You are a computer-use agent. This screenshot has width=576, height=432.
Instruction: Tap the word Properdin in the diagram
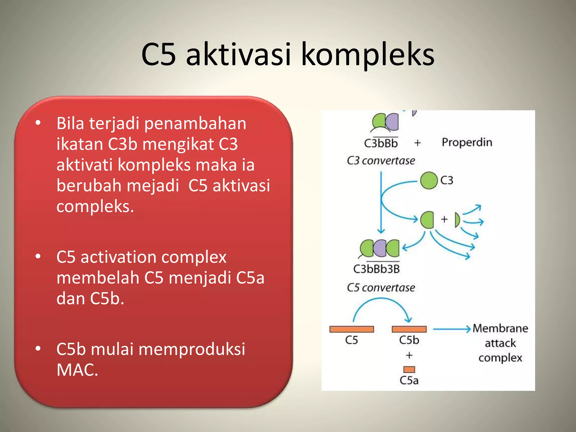[467, 143]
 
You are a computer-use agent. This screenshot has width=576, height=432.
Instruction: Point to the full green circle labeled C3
[429, 181]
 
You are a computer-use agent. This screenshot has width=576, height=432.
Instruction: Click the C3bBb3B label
[376, 269]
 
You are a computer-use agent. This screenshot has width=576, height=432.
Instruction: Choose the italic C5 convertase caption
[381, 288]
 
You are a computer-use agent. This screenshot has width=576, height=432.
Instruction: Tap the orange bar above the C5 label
[352, 329]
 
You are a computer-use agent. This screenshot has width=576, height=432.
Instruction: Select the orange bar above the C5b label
[409, 329]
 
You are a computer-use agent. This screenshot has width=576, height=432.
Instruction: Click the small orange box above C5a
[409, 369]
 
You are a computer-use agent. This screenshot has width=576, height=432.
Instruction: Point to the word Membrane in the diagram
[500, 328]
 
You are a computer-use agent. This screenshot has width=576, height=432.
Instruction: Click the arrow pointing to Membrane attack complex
[451, 329]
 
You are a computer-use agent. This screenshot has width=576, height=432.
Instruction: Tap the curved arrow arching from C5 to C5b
[381, 300]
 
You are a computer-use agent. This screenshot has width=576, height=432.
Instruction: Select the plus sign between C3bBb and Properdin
[417, 143]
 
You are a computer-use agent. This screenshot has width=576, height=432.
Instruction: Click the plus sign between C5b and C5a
[409, 355]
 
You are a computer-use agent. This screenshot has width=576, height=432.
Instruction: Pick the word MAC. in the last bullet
[77, 370]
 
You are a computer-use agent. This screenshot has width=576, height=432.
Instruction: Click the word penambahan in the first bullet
[195, 123]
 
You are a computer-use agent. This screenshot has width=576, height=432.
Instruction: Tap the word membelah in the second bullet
[98, 278]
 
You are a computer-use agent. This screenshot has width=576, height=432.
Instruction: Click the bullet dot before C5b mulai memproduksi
[38, 348]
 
